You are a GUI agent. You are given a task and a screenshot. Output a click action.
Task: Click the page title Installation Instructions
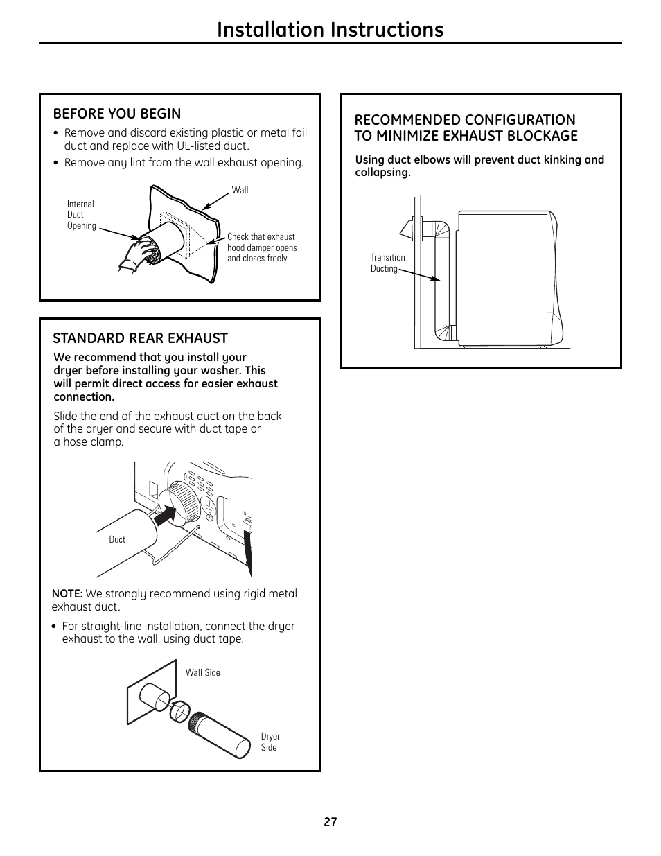click(330, 29)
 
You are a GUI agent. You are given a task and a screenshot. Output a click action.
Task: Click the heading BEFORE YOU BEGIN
click(117, 114)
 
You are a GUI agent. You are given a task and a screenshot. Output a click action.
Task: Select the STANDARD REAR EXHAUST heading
click(140, 338)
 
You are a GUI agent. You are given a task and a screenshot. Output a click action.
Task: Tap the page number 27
click(330, 822)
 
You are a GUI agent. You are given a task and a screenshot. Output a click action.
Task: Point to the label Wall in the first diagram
click(240, 190)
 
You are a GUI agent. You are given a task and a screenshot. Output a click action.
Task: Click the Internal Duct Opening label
click(81, 215)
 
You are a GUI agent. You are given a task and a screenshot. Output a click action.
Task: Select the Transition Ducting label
click(387, 263)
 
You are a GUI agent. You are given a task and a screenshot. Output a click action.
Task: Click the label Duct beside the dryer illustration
click(117, 539)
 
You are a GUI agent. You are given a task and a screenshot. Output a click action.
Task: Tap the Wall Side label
click(202, 672)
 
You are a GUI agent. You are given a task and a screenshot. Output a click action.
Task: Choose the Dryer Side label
click(270, 742)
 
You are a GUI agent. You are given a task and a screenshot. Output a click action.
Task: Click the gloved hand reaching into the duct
click(141, 252)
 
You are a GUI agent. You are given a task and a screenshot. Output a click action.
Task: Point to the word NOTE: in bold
click(67, 594)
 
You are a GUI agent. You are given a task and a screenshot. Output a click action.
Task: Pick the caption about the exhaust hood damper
click(261, 247)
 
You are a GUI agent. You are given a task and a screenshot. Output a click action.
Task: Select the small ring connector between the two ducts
click(178, 711)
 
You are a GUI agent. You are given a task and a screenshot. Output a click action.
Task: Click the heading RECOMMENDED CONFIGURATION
click(465, 120)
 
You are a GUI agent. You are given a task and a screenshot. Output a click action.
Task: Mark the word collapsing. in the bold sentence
click(382, 173)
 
